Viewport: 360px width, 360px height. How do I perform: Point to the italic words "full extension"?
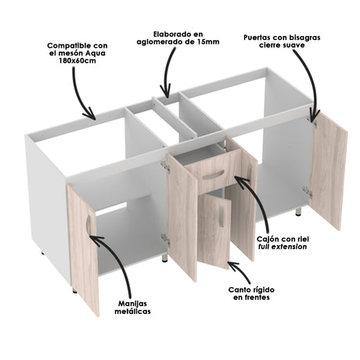click(x=282, y=246)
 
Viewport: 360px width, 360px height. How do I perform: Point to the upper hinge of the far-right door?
click(x=315, y=121)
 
